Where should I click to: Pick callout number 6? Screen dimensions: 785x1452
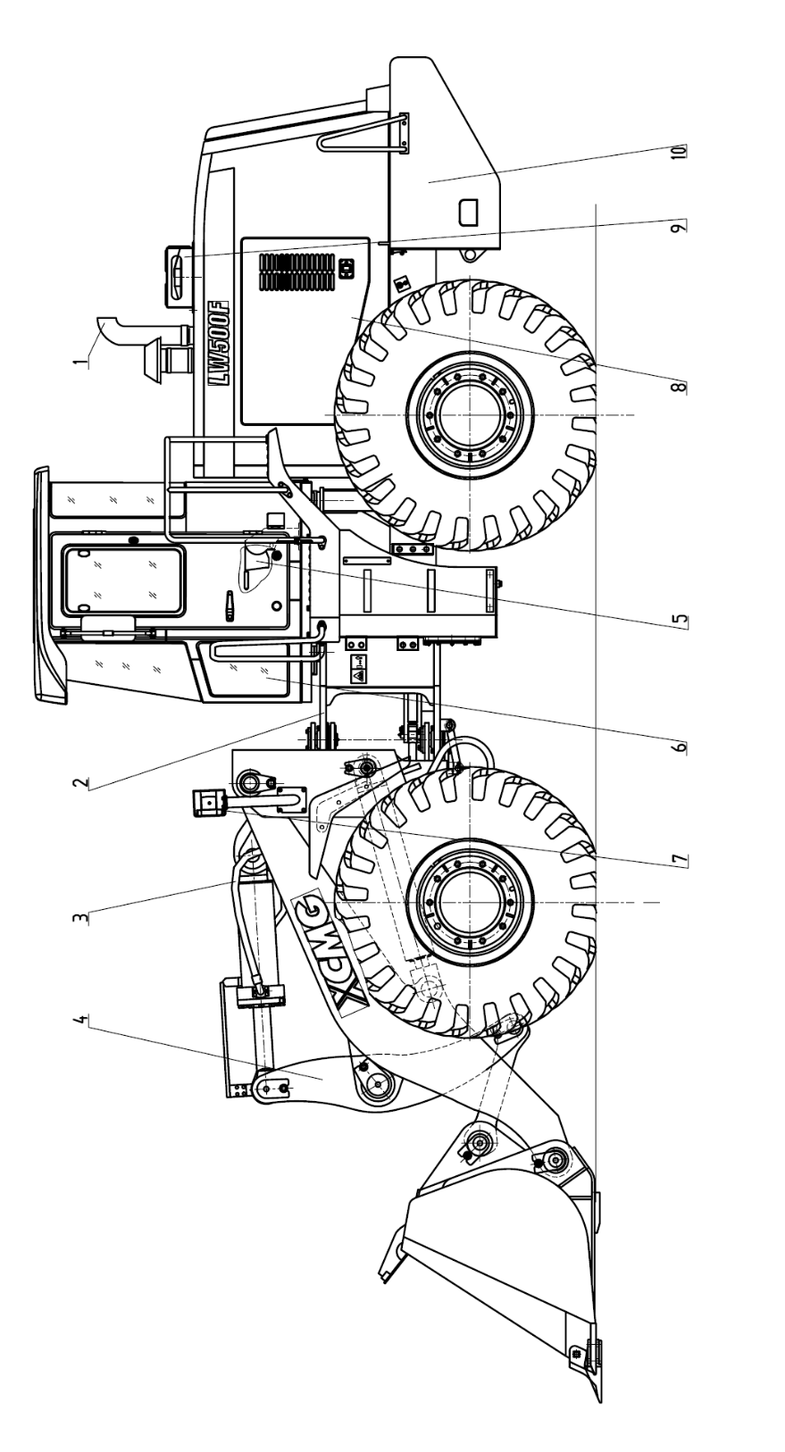(680, 747)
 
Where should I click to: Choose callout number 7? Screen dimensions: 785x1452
(680, 860)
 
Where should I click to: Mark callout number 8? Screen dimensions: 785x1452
(680, 387)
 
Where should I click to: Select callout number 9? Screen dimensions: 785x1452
(678, 228)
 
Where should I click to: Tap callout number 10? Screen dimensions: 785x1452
(678, 151)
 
